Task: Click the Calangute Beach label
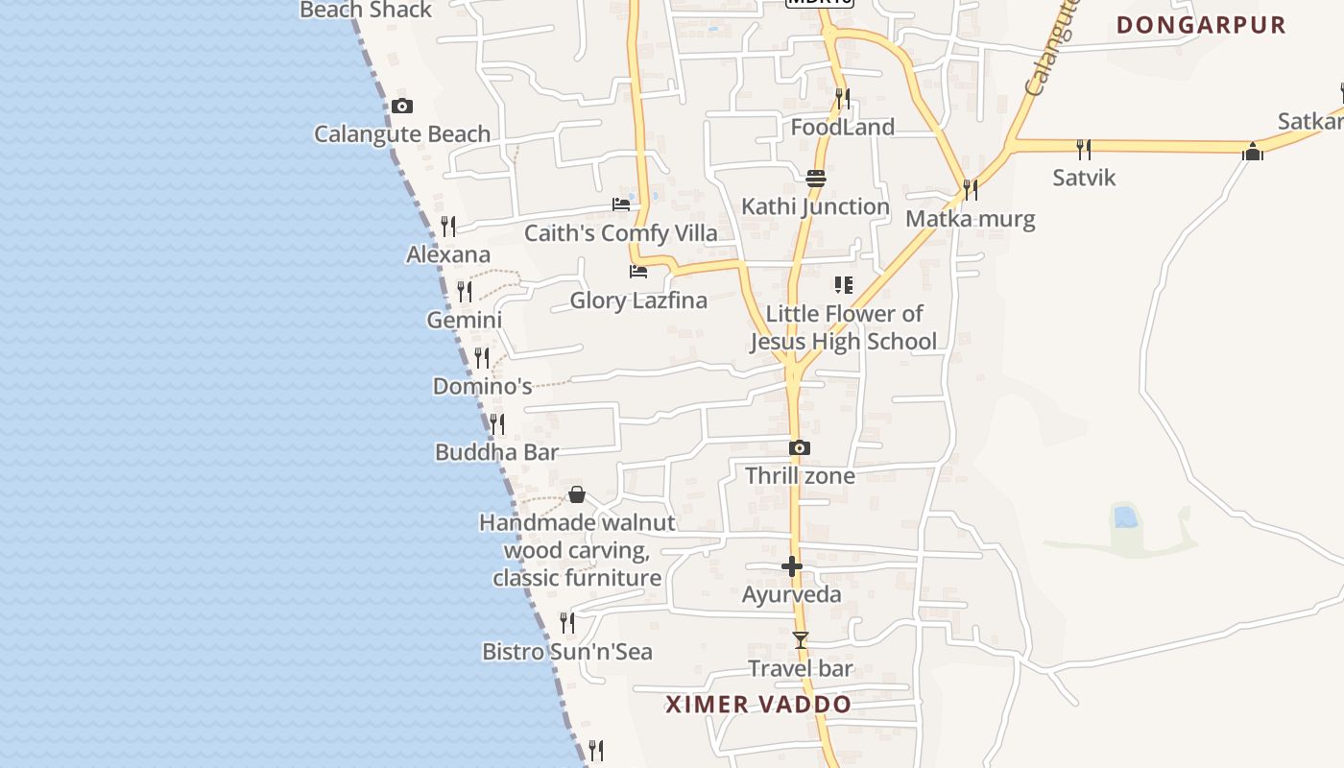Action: pyautogui.click(x=402, y=134)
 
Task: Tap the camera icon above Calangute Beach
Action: pyautogui.click(x=402, y=106)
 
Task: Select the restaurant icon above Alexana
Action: pyautogui.click(x=448, y=227)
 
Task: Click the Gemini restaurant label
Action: pyautogui.click(x=465, y=320)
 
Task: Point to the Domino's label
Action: pyautogui.click(x=482, y=386)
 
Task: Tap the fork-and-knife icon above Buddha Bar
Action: pyautogui.click(x=496, y=422)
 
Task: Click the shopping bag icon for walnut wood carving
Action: pyautogui.click(x=577, y=494)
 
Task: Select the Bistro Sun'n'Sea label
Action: pyautogui.click(x=566, y=652)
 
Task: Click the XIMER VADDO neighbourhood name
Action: pyautogui.click(x=758, y=705)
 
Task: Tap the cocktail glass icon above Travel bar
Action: pyautogui.click(x=801, y=640)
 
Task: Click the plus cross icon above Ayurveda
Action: pyautogui.click(x=792, y=566)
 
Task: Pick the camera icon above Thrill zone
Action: pyautogui.click(x=800, y=447)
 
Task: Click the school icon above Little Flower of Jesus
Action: pyautogui.click(x=844, y=284)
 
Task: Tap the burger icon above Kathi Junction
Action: pyautogui.click(x=816, y=178)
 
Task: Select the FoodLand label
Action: pyautogui.click(x=842, y=127)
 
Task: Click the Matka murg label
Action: pyautogui.click(x=971, y=219)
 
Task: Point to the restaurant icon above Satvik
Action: pyautogui.click(x=1084, y=149)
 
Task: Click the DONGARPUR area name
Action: pyautogui.click(x=1201, y=25)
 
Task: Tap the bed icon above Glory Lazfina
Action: pyautogui.click(x=638, y=272)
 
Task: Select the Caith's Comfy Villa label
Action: pyautogui.click(x=620, y=233)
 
